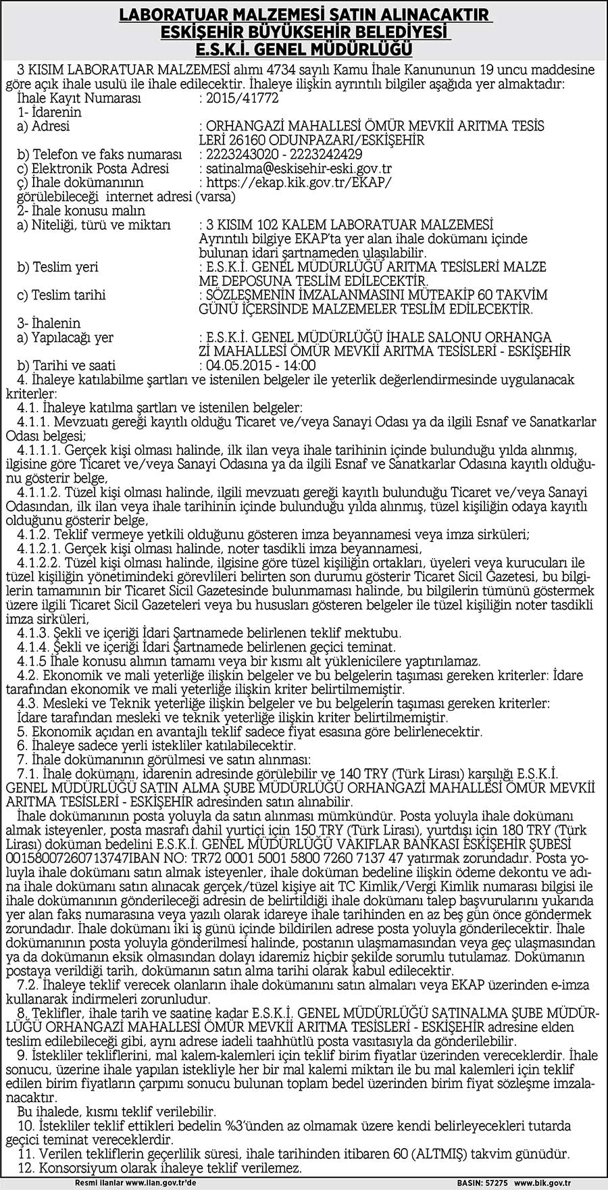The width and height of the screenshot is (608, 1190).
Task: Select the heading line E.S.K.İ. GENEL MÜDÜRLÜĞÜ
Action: click(303, 49)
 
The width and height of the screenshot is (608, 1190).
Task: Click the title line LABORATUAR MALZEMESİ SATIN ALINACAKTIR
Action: click(303, 14)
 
